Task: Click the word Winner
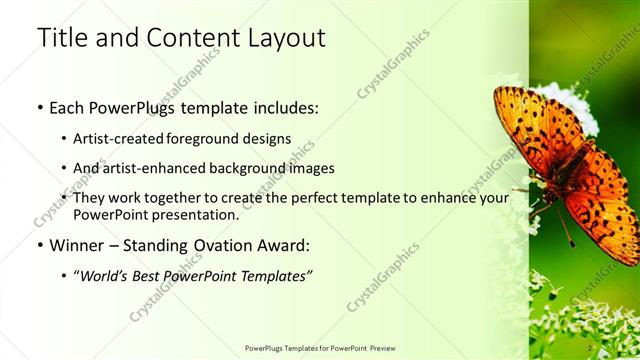pos(75,245)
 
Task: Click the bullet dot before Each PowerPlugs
pos(39,105)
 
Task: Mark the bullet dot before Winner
pos(39,245)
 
